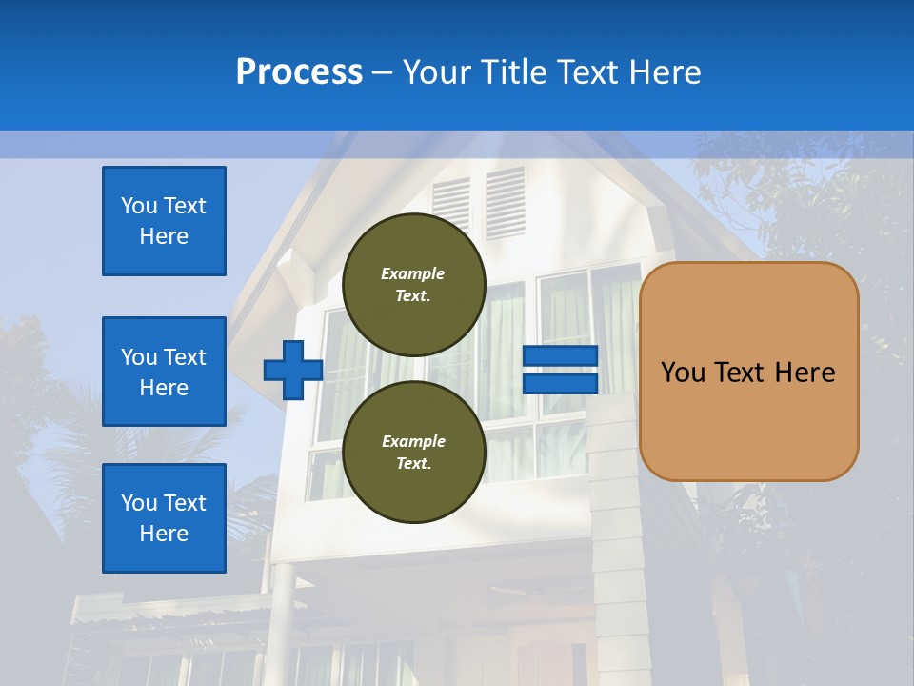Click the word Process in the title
[299, 72]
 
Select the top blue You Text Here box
[164, 221]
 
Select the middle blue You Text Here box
[164, 372]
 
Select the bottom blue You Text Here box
[164, 518]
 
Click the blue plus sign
[292, 370]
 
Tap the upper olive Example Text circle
[413, 284]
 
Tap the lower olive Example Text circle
[413, 452]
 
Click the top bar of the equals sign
[560, 356]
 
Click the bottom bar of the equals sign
[560, 383]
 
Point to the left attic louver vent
[451, 204]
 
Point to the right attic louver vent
[505, 202]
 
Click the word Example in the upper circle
[413, 273]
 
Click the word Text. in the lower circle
[413, 464]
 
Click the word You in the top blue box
[137, 206]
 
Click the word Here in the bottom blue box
[164, 534]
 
